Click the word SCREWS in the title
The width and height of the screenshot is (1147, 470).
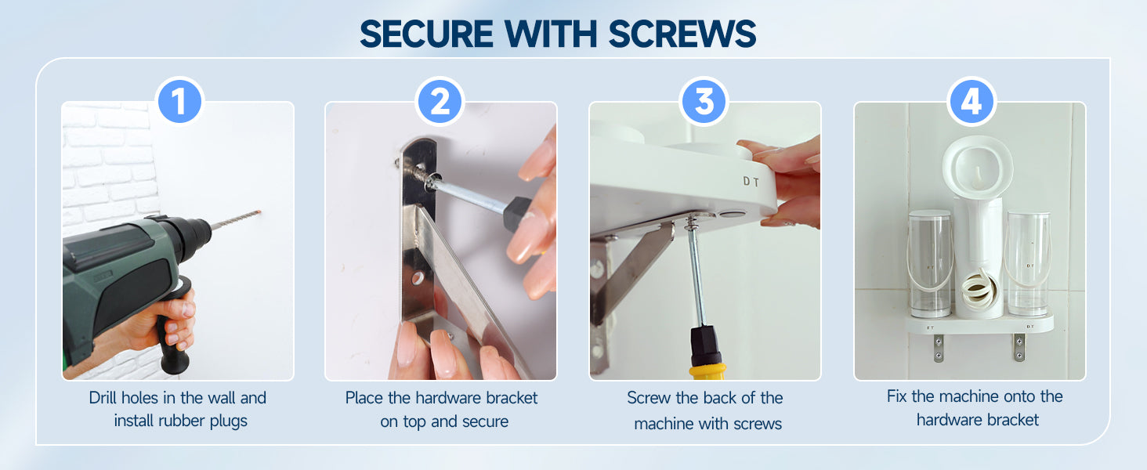pyautogui.click(x=682, y=34)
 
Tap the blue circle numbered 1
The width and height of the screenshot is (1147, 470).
pyautogui.click(x=179, y=101)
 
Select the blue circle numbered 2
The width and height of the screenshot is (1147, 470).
pyautogui.click(x=440, y=101)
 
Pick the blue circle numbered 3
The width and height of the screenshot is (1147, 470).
pyautogui.click(x=704, y=101)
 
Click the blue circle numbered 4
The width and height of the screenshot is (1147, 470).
pyautogui.click(x=971, y=101)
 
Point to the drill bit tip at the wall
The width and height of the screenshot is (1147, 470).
pyautogui.click(x=259, y=212)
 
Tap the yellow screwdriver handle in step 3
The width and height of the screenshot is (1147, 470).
pyautogui.click(x=707, y=371)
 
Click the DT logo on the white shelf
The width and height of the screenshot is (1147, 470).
pyautogui.click(x=751, y=182)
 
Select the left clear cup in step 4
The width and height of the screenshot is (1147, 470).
pyautogui.click(x=931, y=263)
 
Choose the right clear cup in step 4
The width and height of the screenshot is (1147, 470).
pyautogui.click(x=1029, y=264)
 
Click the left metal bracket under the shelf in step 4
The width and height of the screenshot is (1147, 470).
pyautogui.click(x=939, y=348)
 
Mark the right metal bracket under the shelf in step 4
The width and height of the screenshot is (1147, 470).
pyautogui.click(x=1019, y=348)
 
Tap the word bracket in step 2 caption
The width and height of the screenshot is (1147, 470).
pyautogui.click(x=512, y=398)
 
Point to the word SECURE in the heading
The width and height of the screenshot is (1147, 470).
pyautogui.click(x=426, y=34)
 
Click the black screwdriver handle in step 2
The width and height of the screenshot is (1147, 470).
pyautogui.click(x=517, y=214)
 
